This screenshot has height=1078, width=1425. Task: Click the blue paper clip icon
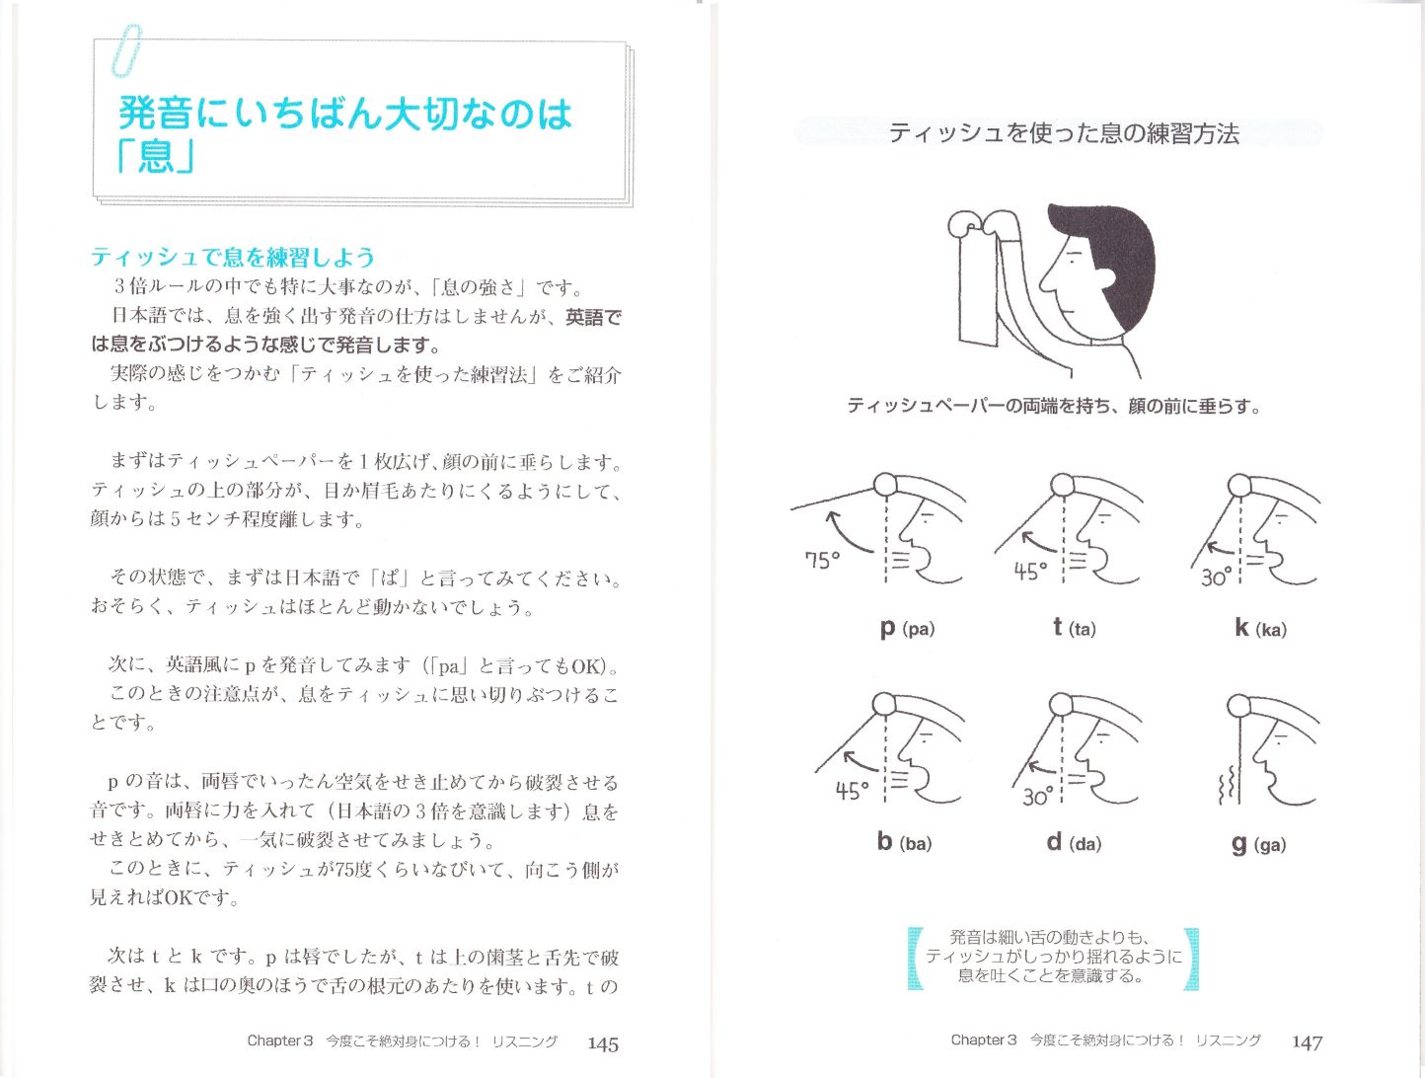tap(125, 51)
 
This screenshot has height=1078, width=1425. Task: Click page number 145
tap(602, 1043)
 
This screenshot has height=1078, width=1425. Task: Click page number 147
tap(1307, 1041)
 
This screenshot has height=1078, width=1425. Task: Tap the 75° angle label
tap(822, 560)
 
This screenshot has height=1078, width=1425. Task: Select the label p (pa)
tap(906, 628)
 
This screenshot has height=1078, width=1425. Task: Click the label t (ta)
tap(1074, 628)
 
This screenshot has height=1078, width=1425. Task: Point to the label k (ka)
tap(1260, 628)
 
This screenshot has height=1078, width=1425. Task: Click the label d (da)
tap(1074, 842)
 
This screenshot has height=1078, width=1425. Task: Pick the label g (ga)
tap(1258, 844)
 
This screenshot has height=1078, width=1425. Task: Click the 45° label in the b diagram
tap(852, 791)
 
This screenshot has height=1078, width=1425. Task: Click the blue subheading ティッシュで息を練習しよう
tap(233, 258)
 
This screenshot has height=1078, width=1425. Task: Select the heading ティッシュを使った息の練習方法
tap(1063, 133)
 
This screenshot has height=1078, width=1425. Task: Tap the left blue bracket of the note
tap(915, 958)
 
